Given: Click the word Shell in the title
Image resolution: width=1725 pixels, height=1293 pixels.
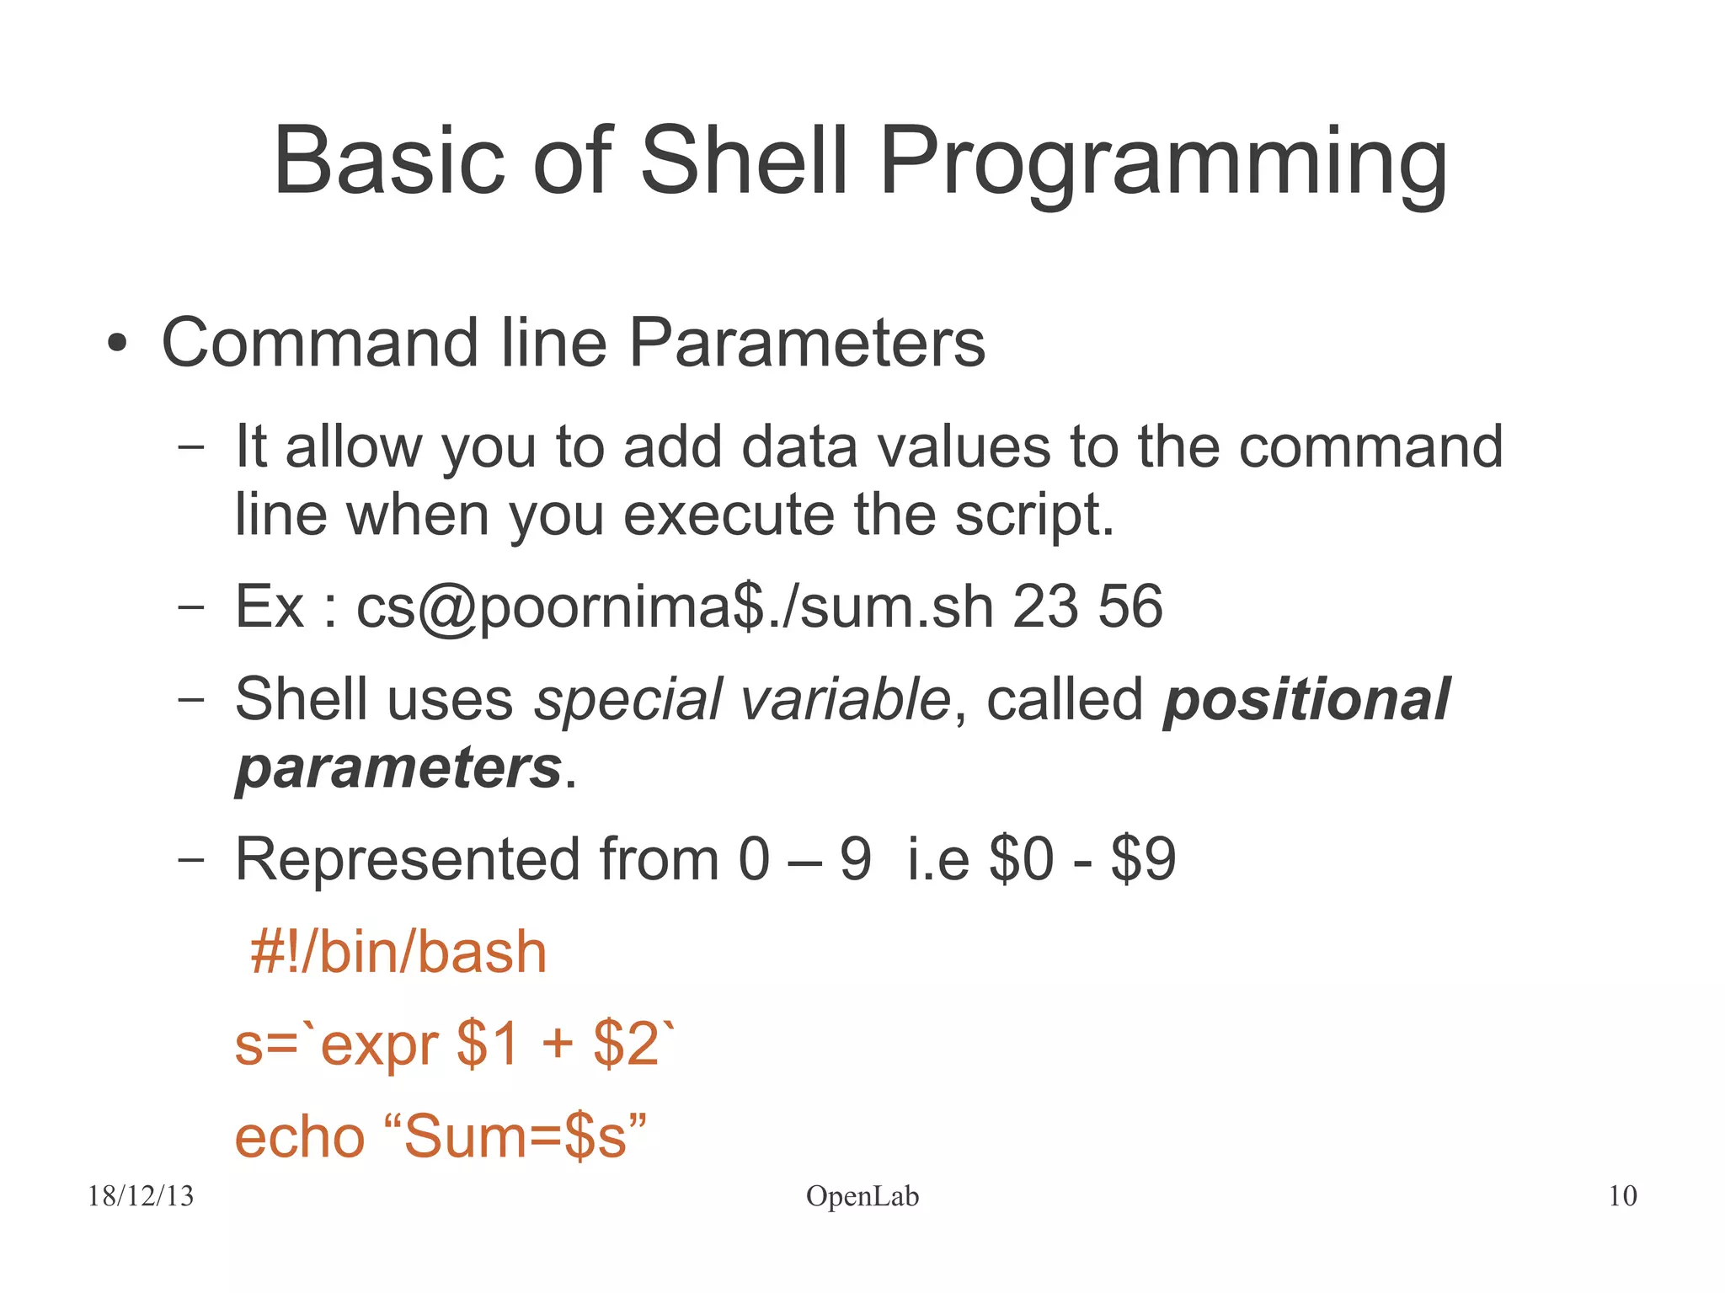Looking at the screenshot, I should click(744, 160).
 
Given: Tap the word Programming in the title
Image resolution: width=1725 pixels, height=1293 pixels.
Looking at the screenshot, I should click(1163, 163).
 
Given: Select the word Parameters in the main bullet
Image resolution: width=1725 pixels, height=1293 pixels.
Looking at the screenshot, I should click(807, 343).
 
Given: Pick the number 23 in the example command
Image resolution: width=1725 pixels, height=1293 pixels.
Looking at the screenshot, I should click(1045, 606).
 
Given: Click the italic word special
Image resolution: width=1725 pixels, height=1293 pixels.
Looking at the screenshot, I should click(628, 700).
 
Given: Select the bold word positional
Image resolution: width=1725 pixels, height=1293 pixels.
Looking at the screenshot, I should click(1306, 700).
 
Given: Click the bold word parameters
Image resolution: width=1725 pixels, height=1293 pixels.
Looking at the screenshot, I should click(398, 768).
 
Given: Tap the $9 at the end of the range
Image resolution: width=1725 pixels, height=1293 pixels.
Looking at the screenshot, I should click(1143, 860).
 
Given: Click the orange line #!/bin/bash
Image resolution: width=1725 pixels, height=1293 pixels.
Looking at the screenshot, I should click(398, 953).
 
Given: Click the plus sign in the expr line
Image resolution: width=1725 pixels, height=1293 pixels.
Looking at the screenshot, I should click(557, 1045).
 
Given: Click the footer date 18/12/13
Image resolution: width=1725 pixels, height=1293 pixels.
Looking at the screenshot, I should click(141, 1196).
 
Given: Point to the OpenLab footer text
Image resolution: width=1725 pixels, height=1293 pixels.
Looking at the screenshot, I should click(862, 1196).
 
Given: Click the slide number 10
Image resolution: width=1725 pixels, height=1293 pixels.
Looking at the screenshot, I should click(1622, 1196).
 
